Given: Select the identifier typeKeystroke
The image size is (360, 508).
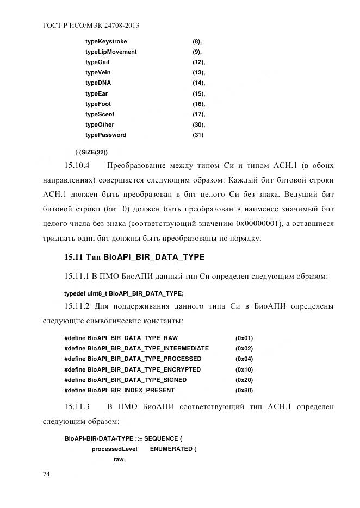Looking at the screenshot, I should (x=106, y=41).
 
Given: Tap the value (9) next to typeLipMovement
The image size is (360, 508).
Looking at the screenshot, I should (x=197, y=52).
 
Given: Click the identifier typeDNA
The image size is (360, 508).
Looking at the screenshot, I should (x=98, y=83).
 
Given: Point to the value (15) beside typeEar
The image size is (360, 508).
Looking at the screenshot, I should (x=198, y=93).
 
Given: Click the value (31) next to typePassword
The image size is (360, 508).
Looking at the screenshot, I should (x=198, y=135).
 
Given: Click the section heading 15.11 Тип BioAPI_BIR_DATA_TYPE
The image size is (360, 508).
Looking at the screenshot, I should (x=134, y=256).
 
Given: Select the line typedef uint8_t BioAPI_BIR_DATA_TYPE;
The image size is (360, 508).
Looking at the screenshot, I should (x=124, y=293).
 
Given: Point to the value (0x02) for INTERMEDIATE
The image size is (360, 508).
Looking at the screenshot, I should (x=244, y=348).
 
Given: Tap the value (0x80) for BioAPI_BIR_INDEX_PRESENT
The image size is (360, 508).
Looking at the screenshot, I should (x=244, y=390).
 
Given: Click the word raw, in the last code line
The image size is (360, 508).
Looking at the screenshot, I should (x=119, y=460).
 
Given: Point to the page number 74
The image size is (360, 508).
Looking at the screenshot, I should (x=47, y=474).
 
